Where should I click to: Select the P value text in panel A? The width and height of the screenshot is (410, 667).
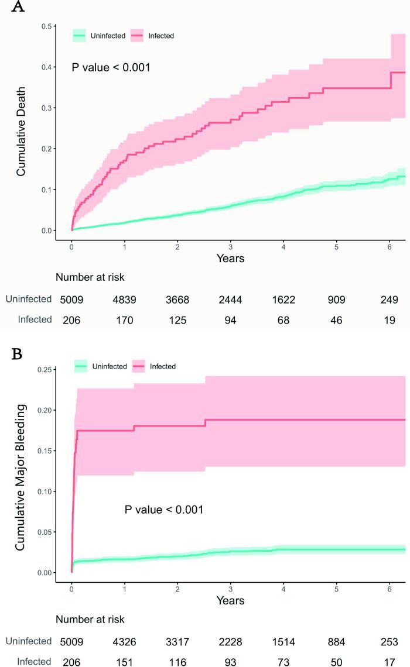click(x=111, y=67)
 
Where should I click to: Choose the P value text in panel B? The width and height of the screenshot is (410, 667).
click(x=164, y=510)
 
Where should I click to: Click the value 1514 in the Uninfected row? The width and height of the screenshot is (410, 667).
click(x=283, y=641)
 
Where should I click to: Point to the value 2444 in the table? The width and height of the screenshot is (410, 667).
click(x=230, y=300)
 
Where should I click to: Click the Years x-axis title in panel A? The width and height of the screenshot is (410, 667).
click(x=230, y=258)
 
